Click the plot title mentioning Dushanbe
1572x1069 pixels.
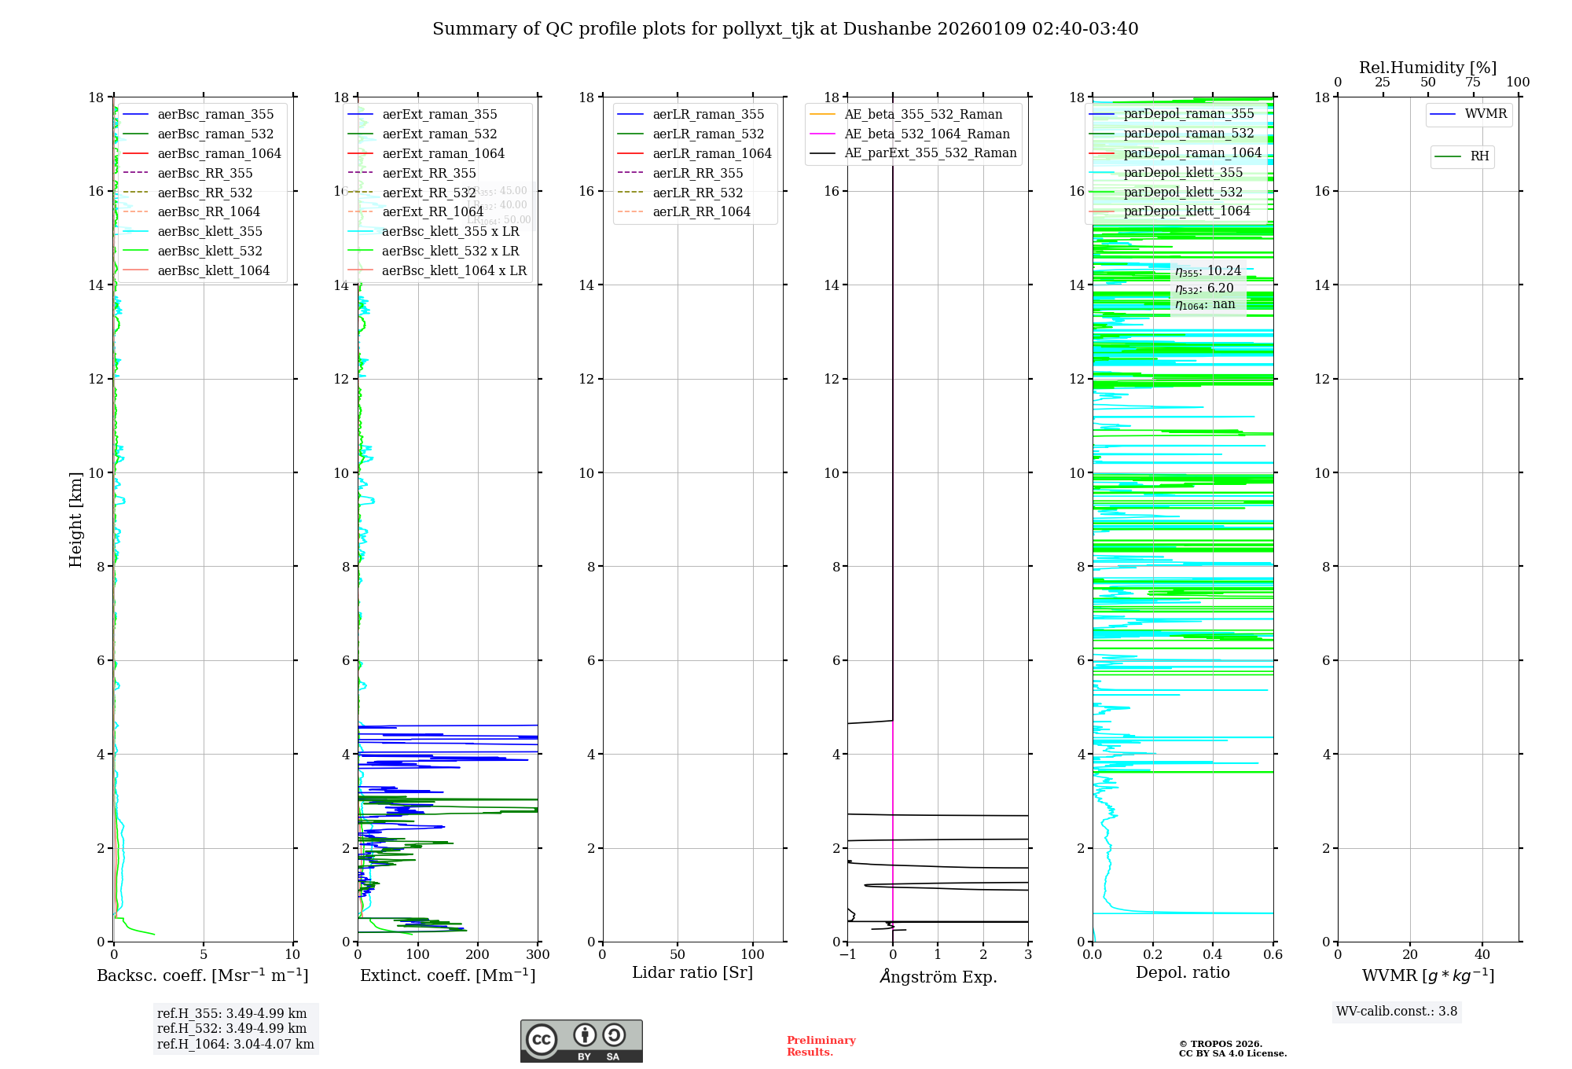785,29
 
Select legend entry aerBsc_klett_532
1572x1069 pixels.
209,252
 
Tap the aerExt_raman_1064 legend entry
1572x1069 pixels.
443,154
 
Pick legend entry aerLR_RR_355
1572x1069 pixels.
697,174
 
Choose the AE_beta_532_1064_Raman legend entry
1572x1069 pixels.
927,134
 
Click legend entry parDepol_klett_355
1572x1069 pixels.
1183,173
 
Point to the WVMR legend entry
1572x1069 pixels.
1486,114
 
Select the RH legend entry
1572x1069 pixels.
1479,156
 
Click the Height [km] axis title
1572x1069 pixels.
75,520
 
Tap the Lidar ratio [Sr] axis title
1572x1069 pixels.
692,973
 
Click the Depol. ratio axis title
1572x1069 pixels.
1183,973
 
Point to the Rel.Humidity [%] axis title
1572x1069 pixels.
1427,68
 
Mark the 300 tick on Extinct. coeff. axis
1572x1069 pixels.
538,955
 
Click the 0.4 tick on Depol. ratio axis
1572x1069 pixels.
1213,955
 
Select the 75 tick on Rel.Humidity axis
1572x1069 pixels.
1473,83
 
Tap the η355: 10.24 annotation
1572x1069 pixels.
1208,271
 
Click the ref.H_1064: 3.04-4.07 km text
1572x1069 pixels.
235,1045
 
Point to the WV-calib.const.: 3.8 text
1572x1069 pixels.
1397,1012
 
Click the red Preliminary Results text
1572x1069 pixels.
821,1046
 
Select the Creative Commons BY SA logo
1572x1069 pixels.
581,1041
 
